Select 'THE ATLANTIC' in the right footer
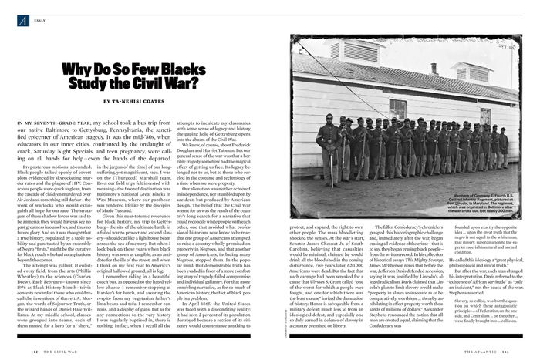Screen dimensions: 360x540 pyautogui.click(x=487, y=352)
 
